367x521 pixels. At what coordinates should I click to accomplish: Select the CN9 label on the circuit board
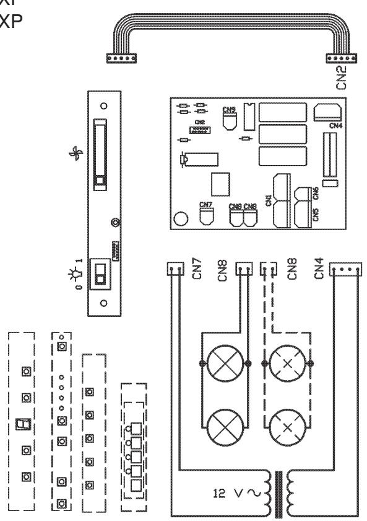(x=228, y=110)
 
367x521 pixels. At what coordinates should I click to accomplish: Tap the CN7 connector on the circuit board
(x=206, y=214)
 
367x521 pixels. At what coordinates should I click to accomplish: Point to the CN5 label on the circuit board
(x=316, y=214)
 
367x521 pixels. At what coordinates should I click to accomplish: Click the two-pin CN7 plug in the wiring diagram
(x=174, y=269)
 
